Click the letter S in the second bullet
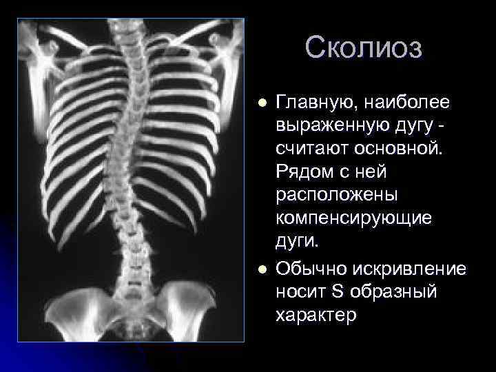pyautogui.click(x=337, y=291)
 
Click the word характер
pyautogui.click(x=316, y=316)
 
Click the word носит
pyautogui.click(x=300, y=291)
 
